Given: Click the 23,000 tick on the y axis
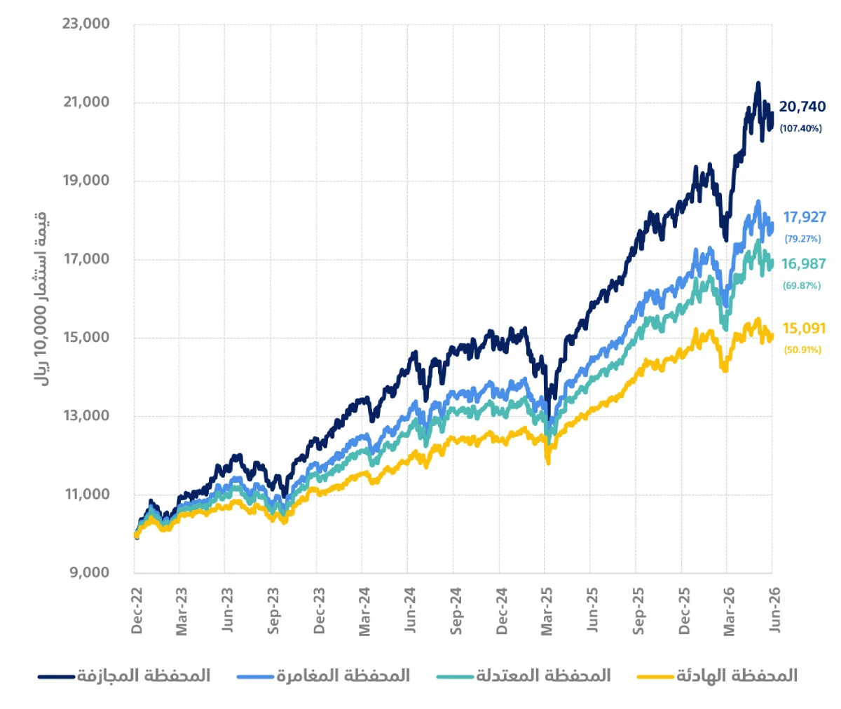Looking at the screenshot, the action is (x=86, y=23).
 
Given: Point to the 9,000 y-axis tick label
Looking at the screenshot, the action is (x=90, y=572).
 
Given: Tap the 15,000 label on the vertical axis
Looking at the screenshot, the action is (x=86, y=337).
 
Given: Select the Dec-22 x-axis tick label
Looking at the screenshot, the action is (x=137, y=611).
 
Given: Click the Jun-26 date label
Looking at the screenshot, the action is (x=774, y=610).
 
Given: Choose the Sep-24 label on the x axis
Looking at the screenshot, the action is (x=456, y=611).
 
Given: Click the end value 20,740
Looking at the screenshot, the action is (x=802, y=106).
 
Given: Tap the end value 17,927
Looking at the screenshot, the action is (x=805, y=217).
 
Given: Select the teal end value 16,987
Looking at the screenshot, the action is (x=804, y=264).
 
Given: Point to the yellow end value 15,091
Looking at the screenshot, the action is (x=804, y=329).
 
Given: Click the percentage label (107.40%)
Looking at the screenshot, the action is (x=800, y=129).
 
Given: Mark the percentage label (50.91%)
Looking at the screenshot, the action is (x=802, y=350).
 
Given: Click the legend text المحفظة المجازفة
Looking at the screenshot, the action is (x=144, y=676).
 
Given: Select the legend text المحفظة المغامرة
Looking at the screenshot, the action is (x=343, y=676).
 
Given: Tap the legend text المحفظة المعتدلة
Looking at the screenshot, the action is (x=543, y=676).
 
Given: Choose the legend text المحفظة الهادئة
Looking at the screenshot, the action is (x=737, y=676).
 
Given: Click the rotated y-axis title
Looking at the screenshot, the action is (x=40, y=299).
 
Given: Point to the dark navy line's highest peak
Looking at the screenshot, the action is (x=758, y=83).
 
